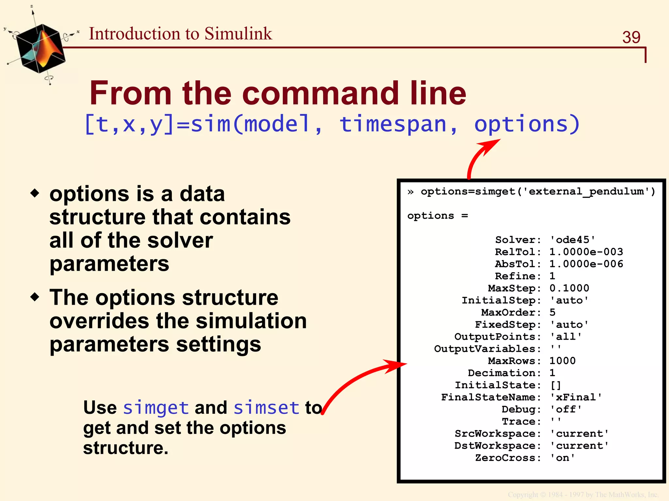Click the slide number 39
pyautogui.click(x=631, y=37)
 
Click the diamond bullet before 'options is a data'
pyautogui.click(x=35, y=193)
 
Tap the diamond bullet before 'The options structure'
pyautogui.click(x=35, y=297)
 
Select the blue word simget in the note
pyautogui.click(x=156, y=408)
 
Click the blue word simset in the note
pyautogui.click(x=266, y=408)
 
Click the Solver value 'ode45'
pyautogui.click(x=572, y=240)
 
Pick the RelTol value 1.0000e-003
pyautogui.click(x=586, y=252)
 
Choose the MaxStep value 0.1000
pyautogui.click(x=569, y=288)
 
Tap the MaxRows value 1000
pyautogui.click(x=562, y=361)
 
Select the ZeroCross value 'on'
pyautogui.click(x=562, y=458)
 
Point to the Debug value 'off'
pyautogui.click(x=566, y=409)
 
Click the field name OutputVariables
pyautogui.click(x=485, y=349)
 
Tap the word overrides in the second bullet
pyautogui.click(x=99, y=321)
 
